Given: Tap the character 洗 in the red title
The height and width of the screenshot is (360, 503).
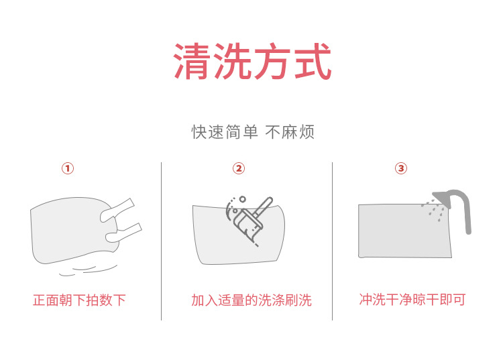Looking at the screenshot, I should pos(233,62).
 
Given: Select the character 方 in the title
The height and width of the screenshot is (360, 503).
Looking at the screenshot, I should pos(272,62).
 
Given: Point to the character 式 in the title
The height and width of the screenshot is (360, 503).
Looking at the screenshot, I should pos(312,62).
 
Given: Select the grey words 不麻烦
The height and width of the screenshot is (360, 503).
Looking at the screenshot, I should pos(290,132).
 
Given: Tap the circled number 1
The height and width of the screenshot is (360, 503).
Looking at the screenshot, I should pos(68,168).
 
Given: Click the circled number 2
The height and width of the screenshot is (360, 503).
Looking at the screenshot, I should pos(239,168).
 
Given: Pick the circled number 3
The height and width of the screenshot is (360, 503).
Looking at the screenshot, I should pos(401,168).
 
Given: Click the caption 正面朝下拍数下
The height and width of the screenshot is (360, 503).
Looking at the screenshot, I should pos(79,300).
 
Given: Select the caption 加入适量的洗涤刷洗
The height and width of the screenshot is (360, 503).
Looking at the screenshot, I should pos(251,300).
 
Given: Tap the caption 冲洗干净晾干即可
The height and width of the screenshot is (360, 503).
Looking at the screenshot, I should pos(412,299).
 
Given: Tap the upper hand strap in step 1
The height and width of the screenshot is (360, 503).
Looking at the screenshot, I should pos(119,208).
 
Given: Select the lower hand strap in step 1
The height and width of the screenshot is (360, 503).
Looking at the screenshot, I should pos(123,232).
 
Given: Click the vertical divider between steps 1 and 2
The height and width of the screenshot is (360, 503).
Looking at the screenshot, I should pos(161,241).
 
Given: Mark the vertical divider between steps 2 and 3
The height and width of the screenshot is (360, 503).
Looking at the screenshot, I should pos(333,241).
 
